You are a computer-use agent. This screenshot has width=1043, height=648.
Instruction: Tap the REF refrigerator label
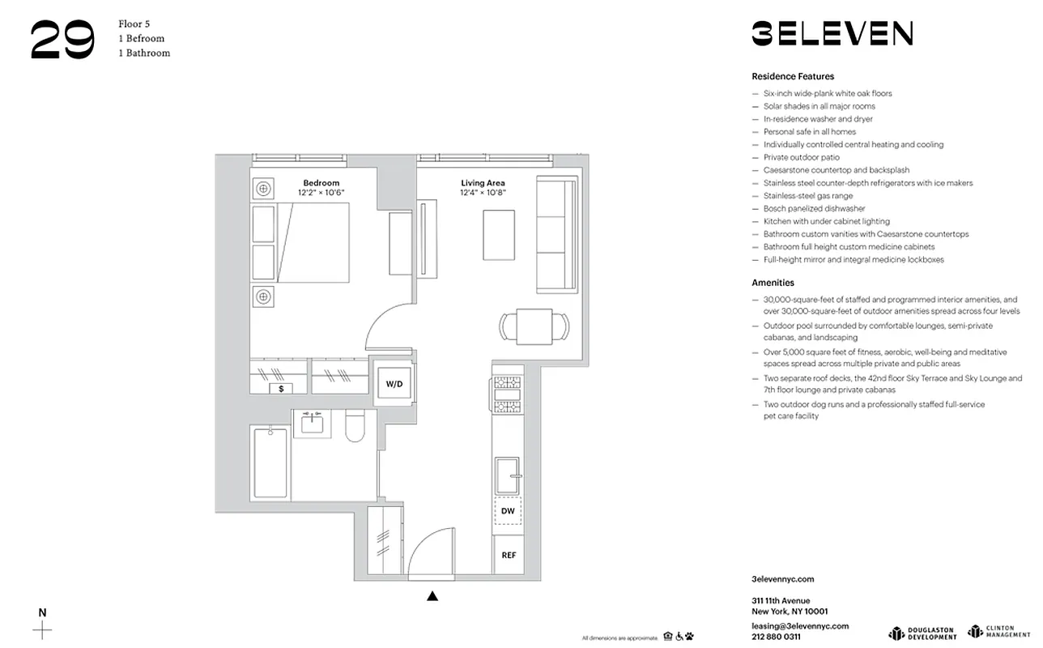point(509,555)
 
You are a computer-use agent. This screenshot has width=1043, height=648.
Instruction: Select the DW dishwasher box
point(508,511)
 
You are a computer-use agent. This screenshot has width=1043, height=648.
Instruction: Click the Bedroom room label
point(321,183)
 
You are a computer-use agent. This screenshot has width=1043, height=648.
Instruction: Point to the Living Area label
point(483,183)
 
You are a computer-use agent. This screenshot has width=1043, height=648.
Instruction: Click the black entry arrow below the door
point(432,597)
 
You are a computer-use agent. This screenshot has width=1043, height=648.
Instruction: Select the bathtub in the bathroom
point(270,463)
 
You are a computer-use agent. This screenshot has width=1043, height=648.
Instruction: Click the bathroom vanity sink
point(312,422)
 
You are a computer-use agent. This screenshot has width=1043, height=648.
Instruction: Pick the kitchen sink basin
point(508,476)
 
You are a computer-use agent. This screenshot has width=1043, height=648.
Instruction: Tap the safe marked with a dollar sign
point(281,389)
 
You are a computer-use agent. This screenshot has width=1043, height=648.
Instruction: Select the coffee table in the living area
point(499,235)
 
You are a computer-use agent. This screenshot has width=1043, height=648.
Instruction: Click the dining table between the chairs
point(533,326)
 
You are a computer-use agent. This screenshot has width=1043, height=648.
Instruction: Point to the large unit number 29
point(62,40)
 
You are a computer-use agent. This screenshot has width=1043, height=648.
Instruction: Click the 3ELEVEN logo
point(832,33)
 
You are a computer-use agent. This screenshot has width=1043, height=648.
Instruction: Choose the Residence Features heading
point(792,76)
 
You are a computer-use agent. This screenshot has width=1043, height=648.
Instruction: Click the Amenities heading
point(773,283)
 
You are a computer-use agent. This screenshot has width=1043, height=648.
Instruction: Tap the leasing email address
point(799,626)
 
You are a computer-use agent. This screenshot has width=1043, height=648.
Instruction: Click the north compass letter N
point(43,612)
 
